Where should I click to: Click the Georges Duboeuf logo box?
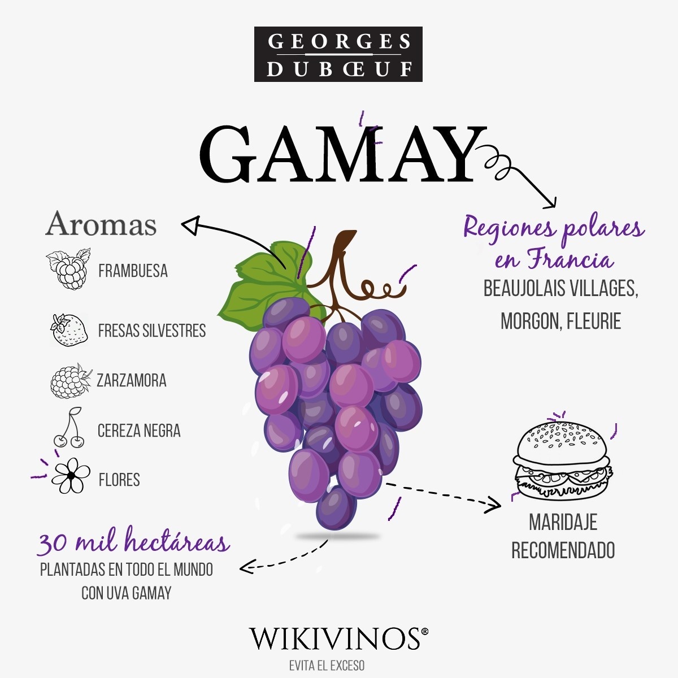coord(338,54)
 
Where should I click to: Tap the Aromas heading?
coord(101,224)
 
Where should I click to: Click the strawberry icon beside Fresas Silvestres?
coord(69,330)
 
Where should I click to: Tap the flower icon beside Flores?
coord(71,476)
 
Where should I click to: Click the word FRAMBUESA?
coord(133,271)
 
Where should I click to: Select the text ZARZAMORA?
coord(132,380)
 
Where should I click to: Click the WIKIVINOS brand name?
coord(335,638)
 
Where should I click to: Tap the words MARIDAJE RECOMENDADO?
coord(563,536)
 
